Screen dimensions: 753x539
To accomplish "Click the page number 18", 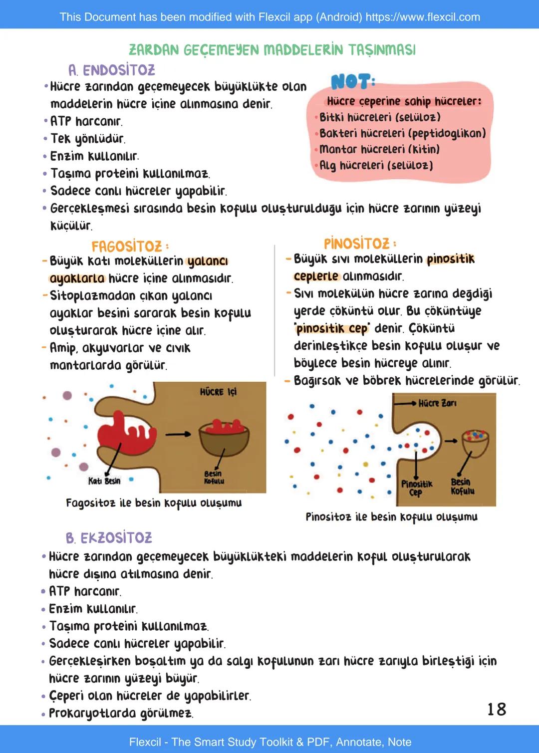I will coord(497,709).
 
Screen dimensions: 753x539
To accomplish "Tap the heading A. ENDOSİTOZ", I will coord(112,70).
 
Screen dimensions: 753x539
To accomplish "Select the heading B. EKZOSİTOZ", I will coord(109,537).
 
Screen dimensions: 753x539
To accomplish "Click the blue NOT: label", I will coord(353,81).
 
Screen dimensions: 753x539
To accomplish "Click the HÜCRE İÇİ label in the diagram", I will coord(218,392).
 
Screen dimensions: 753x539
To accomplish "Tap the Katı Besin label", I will coord(104,481).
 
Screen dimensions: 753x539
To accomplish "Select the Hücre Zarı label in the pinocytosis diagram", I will coord(437,403).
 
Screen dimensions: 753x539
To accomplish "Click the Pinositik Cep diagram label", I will coord(416,488).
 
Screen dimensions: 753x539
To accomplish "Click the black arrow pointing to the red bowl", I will coord(178,434).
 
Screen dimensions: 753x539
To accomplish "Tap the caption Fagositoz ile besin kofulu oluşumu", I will coord(154,502).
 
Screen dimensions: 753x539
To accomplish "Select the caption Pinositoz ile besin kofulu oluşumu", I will coord(391,516).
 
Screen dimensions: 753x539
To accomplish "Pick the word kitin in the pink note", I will coord(424,149).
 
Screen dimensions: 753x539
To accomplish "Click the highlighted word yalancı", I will coord(208,261).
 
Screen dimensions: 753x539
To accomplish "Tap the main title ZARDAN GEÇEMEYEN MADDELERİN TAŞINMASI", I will coord(272,50).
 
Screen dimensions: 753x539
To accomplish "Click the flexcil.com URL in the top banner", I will coord(423,17).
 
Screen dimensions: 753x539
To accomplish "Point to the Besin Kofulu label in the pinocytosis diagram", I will coord(462,487).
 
